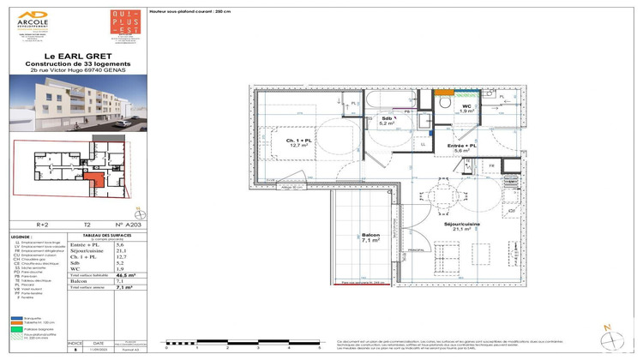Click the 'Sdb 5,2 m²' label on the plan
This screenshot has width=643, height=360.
pyautogui.click(x=387, y=121)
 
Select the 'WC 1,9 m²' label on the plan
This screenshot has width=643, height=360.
pyautogui.click(x=466, y=107)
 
